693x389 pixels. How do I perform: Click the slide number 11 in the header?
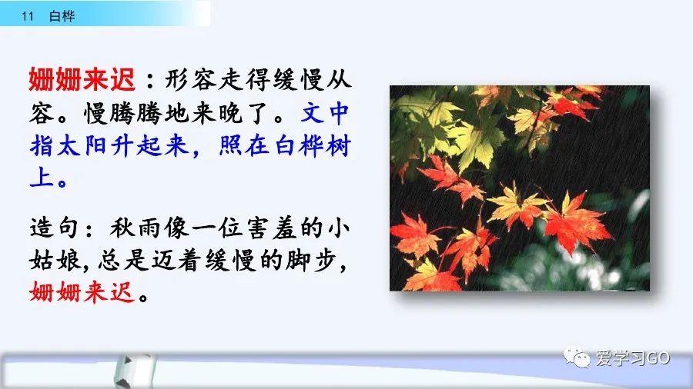(28, 16)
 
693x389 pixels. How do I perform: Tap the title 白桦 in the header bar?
(62, 16)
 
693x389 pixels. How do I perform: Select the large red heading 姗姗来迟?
(82, 79)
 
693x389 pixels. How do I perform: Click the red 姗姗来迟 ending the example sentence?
(82, 291)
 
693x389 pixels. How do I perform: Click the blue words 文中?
(325, 113)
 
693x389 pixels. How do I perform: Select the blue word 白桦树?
(313, 145)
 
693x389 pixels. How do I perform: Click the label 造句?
(55, 228)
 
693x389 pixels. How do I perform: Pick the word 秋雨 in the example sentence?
(135, 228)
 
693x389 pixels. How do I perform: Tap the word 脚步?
(310, 260)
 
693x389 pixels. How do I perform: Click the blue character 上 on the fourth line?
(42, 178)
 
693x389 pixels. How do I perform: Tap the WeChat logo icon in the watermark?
(577, 357)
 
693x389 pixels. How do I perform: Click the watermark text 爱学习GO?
(633, 357)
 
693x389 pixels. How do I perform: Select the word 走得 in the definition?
(245, 80)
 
